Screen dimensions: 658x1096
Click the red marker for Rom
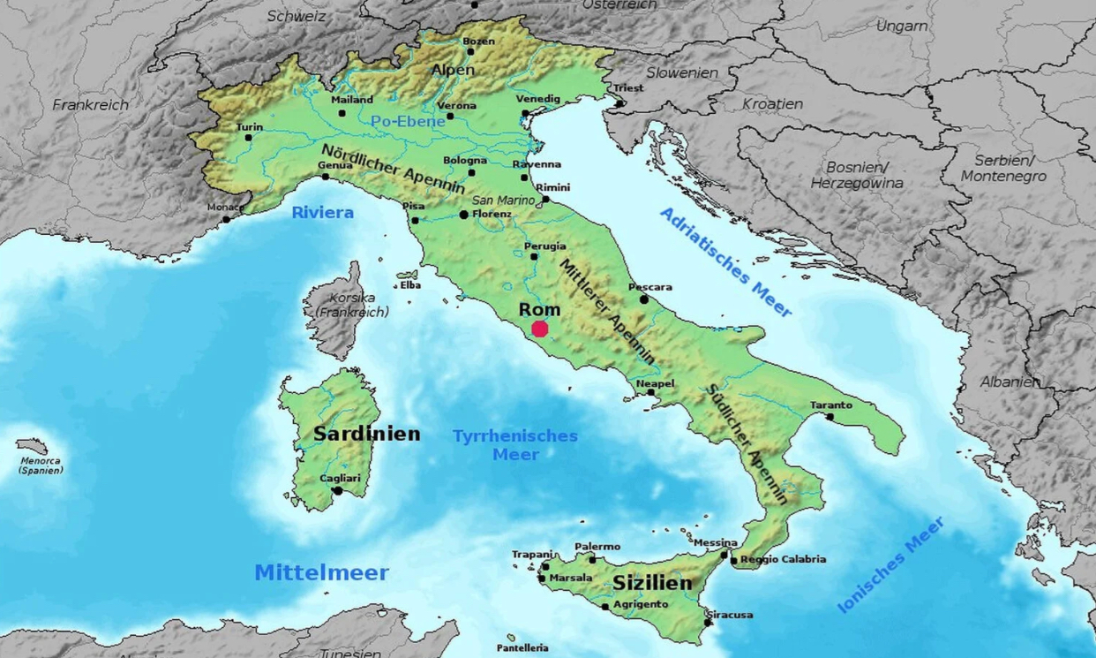click(540, 329)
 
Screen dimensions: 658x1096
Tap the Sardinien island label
click(366, 434)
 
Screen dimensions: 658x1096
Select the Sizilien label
click(652, 584)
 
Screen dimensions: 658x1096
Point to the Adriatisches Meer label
click(725, 262)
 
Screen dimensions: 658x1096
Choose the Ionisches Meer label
click(890, 564)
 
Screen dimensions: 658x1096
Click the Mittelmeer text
click(321, 572)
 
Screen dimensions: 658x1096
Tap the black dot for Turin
click(249, 137)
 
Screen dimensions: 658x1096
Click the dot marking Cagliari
click(337, 490)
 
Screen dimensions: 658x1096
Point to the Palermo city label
click(597, 547)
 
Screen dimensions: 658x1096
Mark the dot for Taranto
click(830, 417)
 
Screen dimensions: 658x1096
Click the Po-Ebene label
click(408, 122)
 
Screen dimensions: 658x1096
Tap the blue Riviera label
click(322, 212)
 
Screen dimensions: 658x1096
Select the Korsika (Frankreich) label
click(352, 305)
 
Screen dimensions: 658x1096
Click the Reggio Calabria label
click(783, 559)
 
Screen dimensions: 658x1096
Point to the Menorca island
click(32, 446)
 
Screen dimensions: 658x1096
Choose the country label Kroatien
click(772, 103)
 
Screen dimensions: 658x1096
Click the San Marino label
click(504, 200)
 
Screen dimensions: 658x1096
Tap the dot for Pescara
click(644, 299)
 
